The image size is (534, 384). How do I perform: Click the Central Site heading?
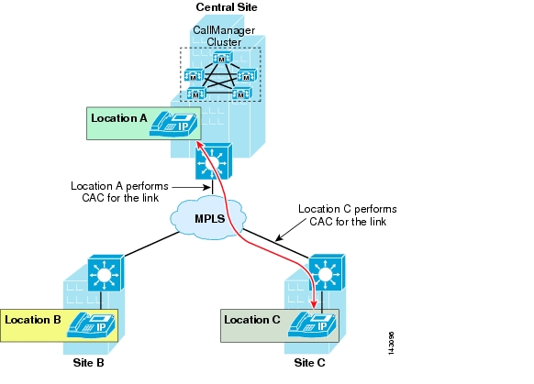(x=227, y=7)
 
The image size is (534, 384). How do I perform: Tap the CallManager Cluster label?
(x=224, y=36)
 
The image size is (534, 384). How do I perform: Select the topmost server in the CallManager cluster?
(x=222, y=58)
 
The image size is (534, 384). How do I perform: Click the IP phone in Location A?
(x=173, y=124)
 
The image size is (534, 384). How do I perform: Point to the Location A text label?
(x=119, y=118)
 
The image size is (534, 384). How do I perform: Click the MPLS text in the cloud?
(x=210, y=218)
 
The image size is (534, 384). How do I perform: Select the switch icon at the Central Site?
(x=214, y=161)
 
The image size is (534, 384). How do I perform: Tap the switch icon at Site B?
(x=106, y=273)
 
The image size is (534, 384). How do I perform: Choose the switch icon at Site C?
(x=327, y=272)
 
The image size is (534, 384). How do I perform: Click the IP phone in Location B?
(x=91, y=325)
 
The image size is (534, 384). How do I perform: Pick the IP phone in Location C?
(x=312, y=324)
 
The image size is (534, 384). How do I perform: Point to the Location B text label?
(x=33, y=320)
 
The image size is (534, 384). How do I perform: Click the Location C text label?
(x=252, y=320)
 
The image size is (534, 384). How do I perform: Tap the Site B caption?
(x=89, y=363)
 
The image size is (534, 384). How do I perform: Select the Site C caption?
(x=309, y=363)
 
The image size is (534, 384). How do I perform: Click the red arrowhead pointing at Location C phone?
(x=314, y=303)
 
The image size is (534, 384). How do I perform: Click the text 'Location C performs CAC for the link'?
(x=348, y=215)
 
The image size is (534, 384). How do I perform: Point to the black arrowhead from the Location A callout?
(x=206, y=187)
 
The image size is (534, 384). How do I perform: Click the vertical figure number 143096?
(x=391, y=344)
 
